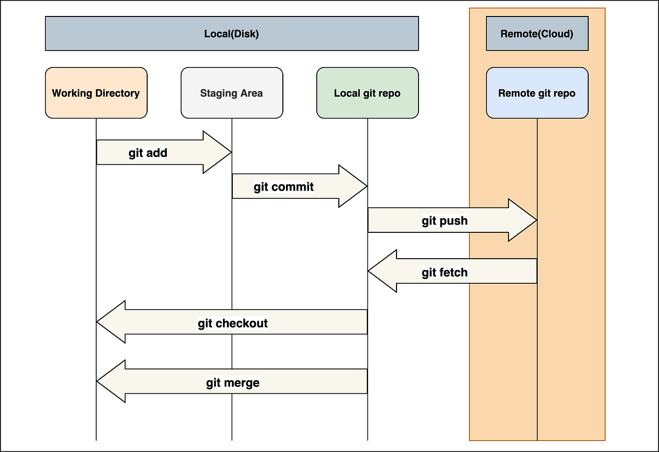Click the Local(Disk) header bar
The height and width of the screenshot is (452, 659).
coord(231,34)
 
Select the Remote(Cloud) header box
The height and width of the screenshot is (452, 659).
coord(537,34)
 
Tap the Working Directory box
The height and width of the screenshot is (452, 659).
coord(96,93)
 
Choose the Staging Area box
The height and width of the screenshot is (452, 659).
coord(231,93)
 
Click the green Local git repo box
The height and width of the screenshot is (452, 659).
coord(367,93)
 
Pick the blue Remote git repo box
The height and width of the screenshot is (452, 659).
coord(537,93)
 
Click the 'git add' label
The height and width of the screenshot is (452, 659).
coord(148,153)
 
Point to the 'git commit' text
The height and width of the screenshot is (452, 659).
coord(283,187)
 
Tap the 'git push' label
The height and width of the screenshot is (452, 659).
coord(444,221)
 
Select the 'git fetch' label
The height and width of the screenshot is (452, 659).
coord(444,272)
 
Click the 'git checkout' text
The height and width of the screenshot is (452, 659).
coord(232,323)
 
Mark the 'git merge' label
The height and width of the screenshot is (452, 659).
coord(232,382)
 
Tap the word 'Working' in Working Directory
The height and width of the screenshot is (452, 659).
coord(72,93)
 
